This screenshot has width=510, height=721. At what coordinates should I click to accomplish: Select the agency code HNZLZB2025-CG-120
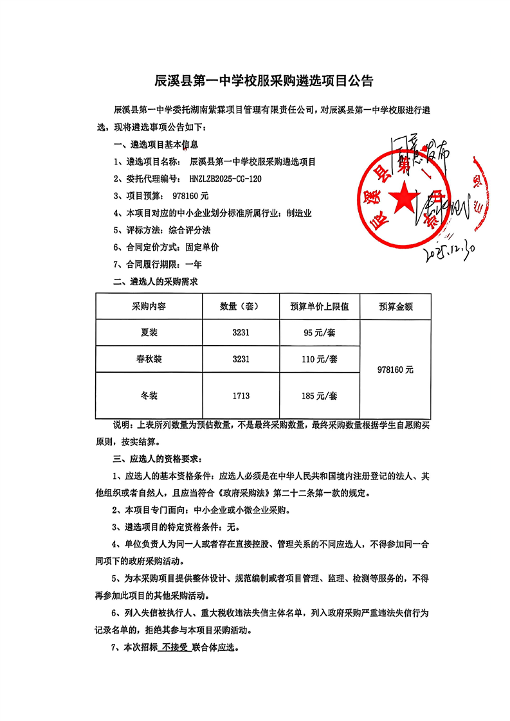227,179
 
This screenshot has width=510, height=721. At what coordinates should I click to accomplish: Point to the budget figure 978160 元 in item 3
190,195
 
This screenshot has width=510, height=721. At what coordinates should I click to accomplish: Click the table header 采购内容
149,307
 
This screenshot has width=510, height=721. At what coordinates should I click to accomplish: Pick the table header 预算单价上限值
319,307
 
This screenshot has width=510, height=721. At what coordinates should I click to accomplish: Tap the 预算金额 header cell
396,307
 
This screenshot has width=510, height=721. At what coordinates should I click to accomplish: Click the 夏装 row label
149,333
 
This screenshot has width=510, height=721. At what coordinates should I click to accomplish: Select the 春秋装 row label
149,359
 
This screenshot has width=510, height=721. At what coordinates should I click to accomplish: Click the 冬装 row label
149,396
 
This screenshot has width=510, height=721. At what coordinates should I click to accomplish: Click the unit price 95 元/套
319,333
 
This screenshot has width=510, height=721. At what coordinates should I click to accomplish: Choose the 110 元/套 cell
319,359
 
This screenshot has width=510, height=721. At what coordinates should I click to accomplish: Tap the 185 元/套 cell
319,396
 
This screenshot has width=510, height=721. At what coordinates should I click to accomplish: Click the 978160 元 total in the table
396,369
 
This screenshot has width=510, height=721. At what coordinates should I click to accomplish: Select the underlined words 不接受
175,648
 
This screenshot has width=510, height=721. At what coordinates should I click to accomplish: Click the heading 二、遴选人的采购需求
155,281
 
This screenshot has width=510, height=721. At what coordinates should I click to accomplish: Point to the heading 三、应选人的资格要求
157,459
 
